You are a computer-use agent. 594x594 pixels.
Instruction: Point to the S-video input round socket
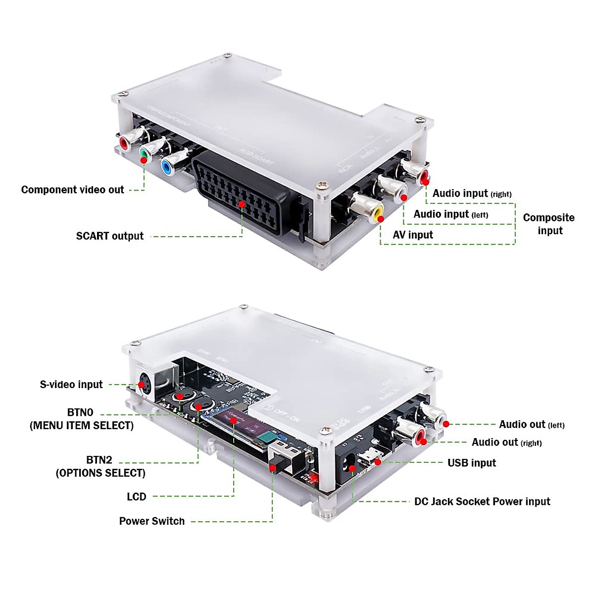pos(144,384)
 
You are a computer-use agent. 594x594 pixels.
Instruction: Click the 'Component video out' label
pos(72,190)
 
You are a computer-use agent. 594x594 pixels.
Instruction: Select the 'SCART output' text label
pos(109,236)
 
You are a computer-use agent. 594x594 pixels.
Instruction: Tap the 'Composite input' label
pos(549,224)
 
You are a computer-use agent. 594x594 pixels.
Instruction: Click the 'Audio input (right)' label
pos(472,194)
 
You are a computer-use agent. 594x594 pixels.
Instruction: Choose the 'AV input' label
pos(412,235)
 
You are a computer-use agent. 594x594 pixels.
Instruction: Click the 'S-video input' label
pos(71,385)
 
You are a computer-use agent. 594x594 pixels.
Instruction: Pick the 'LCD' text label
pos(136,497)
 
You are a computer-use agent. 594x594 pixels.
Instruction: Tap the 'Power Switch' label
pos(151,521)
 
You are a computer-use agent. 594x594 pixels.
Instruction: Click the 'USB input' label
pos(471,463)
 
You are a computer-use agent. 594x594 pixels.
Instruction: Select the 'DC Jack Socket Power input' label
pos(482,501)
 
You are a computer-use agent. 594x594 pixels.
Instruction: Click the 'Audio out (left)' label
pos(531,424)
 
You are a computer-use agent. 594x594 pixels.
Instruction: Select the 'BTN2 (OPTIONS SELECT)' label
pos(100,466)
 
